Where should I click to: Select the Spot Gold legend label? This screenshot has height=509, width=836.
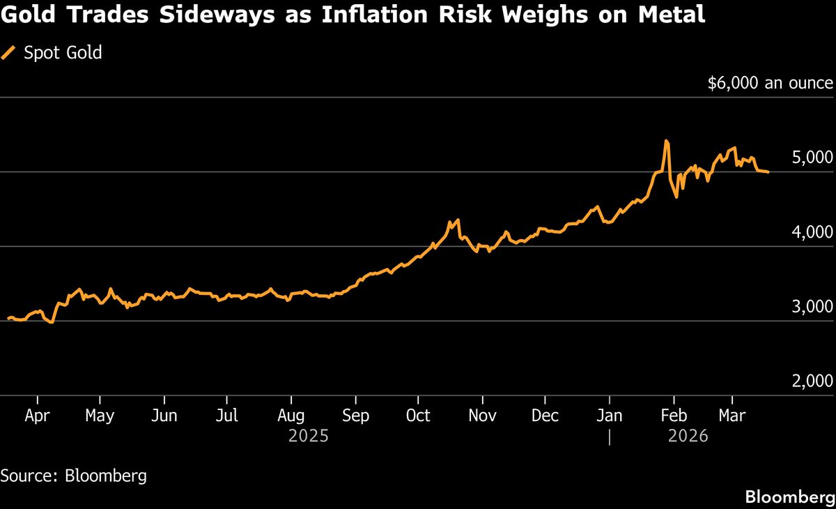tap(63, 52)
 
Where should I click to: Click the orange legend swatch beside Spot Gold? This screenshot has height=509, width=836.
tap(9, 52)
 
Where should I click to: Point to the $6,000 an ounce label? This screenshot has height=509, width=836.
tap(770, 83)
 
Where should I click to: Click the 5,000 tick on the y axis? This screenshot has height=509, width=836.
tap(812, 157)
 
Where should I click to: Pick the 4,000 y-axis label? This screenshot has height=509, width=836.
tap(812, 231)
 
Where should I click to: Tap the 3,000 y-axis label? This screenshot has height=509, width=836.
tap(812, 306)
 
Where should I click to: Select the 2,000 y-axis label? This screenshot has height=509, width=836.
tap(812, 381)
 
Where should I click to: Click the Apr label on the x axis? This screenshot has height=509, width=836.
tap(37, 416)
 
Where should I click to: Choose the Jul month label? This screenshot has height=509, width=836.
tap(227, 416)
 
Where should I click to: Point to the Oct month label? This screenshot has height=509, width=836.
tap(418, 416)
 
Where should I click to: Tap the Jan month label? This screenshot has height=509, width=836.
tap(610, 416)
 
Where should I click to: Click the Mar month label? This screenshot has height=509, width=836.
tap(731, 416)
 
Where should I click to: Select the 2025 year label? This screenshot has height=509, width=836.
tap(309, 436)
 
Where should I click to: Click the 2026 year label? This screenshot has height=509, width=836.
tap(688, 436)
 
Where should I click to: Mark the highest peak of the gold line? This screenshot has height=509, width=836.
tap(666, 141)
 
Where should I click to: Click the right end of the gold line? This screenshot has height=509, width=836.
tap(768, 172)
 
